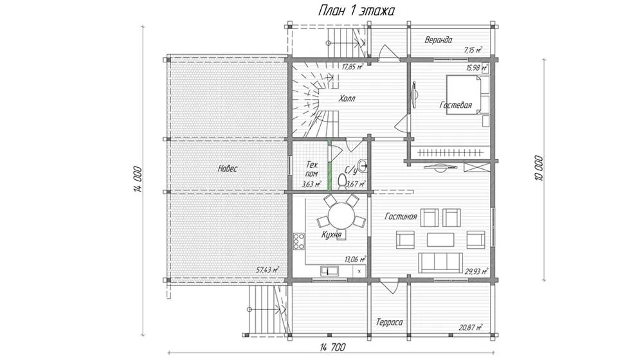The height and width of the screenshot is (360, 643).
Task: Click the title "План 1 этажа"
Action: coord(356,11)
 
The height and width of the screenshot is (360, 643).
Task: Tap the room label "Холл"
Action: coord(347,98)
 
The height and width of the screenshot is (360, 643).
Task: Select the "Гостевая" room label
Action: coord(456,105)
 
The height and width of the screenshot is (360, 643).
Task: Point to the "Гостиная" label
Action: coord(401,216)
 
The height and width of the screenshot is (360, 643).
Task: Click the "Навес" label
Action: coord(228,168)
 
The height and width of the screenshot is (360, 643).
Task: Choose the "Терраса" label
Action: coord(389,322)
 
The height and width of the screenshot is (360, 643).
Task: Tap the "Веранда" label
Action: coord(439,40)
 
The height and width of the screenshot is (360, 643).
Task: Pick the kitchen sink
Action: coord(329,271)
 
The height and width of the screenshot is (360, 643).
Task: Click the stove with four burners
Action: coord(299,242)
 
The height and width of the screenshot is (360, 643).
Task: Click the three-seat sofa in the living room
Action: coord(440,263)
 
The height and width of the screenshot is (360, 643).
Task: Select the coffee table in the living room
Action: coord(440,240)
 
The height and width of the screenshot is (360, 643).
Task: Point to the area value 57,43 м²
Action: coord(267,270)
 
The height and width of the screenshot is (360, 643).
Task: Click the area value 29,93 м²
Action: coord(476,271)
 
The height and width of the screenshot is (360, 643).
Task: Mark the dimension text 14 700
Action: coord(332,348)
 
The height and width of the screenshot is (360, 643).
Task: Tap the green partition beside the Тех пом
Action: coord(329,165)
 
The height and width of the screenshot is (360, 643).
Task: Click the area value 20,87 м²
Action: coord(471,327)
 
